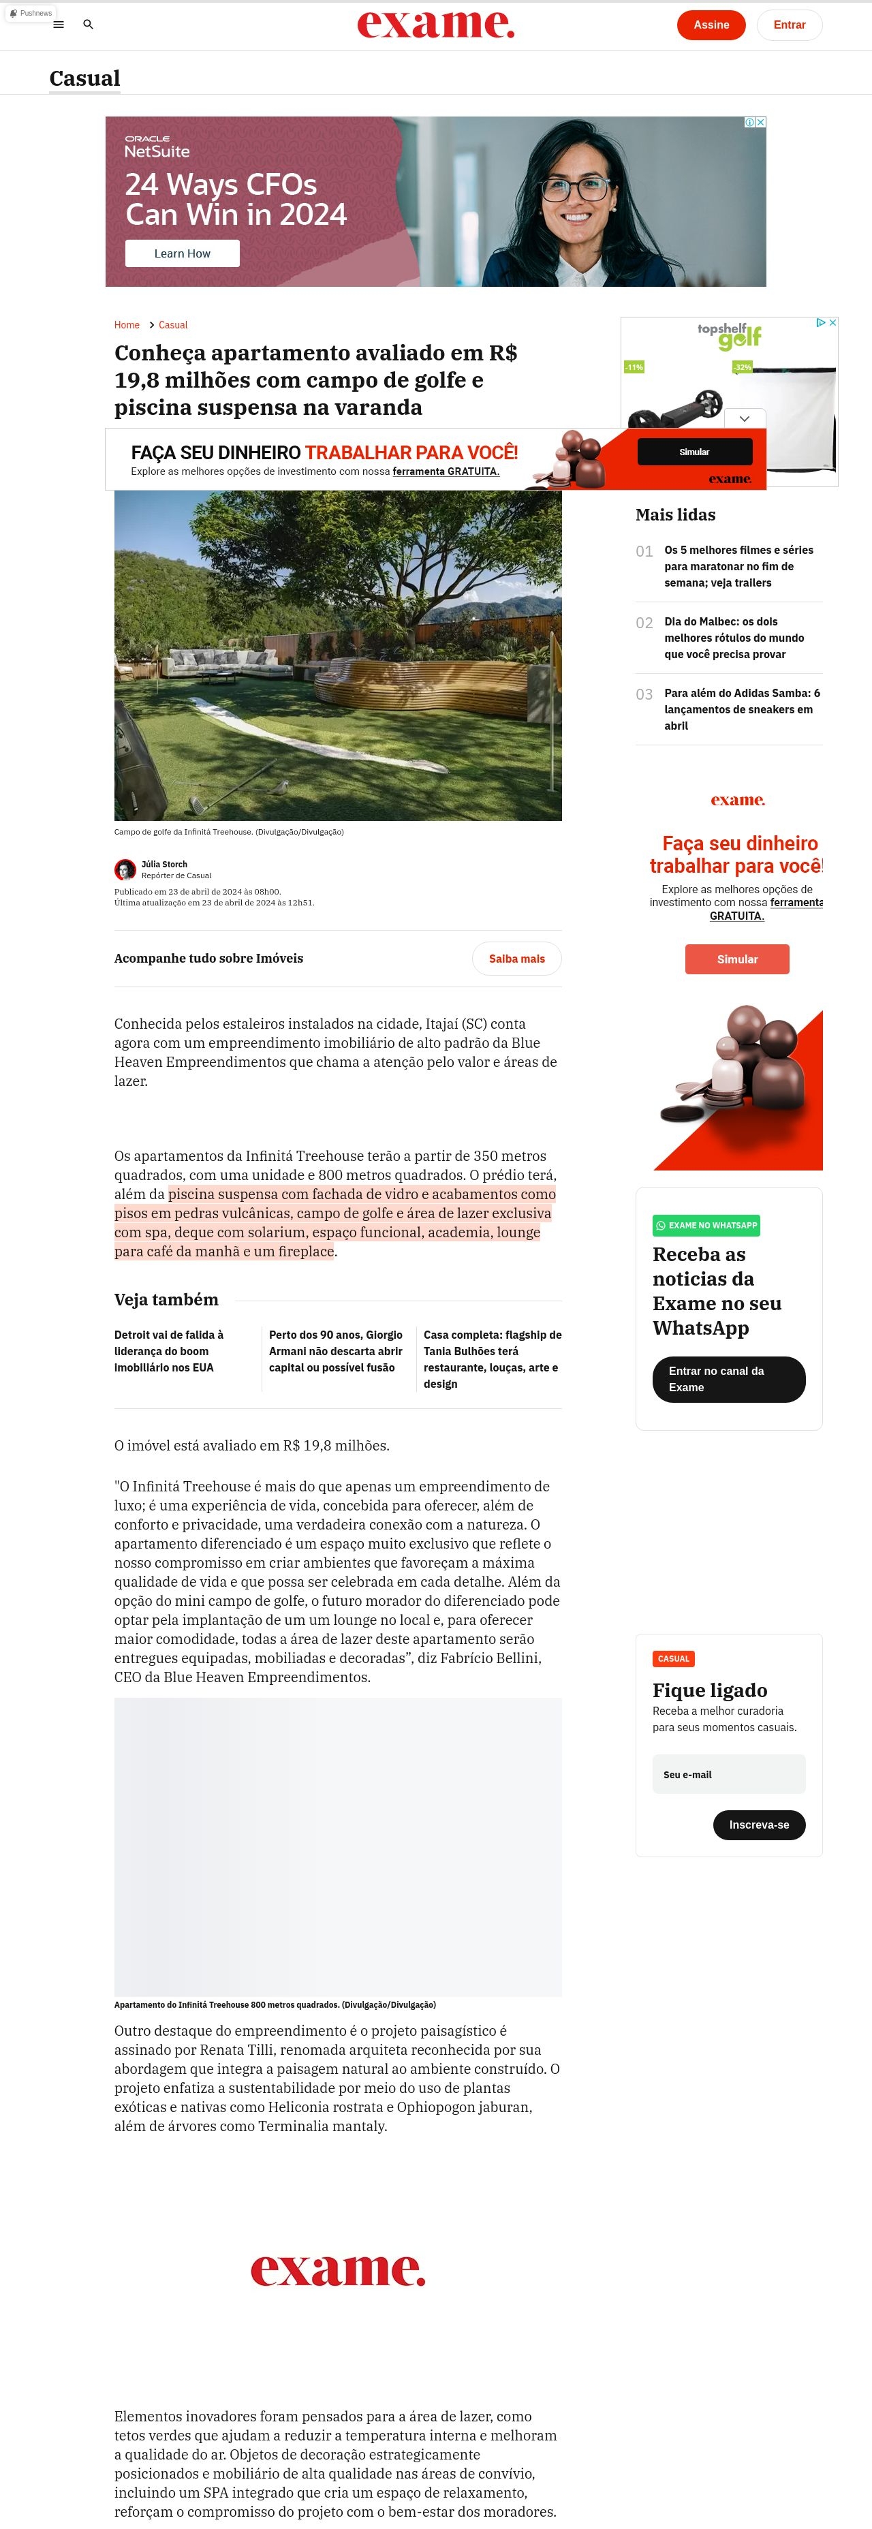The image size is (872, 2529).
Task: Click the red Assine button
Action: pos(711,25)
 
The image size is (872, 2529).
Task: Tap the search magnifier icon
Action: pos(89,25)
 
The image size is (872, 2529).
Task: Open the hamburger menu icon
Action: pos(59,25)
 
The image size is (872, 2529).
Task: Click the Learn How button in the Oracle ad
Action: pos(182,253)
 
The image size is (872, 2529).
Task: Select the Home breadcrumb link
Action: pos(127,325)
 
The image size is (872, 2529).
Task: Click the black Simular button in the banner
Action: pos(694,452)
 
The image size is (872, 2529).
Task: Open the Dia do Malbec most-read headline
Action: pos(734,638)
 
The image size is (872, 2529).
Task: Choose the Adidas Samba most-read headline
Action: pos(741,709)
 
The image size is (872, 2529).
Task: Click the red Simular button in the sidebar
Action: pos(736,959)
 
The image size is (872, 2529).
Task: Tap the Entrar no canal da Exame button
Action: pos(729,1380)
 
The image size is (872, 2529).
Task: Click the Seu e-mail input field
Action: pos(729,1774)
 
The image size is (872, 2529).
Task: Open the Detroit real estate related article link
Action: pos(169,1351)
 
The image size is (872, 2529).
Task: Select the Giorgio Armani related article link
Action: pos(336,1351)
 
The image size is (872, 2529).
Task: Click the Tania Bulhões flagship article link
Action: pos(492,1359)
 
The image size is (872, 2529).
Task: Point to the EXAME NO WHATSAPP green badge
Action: pos(706,1225)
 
